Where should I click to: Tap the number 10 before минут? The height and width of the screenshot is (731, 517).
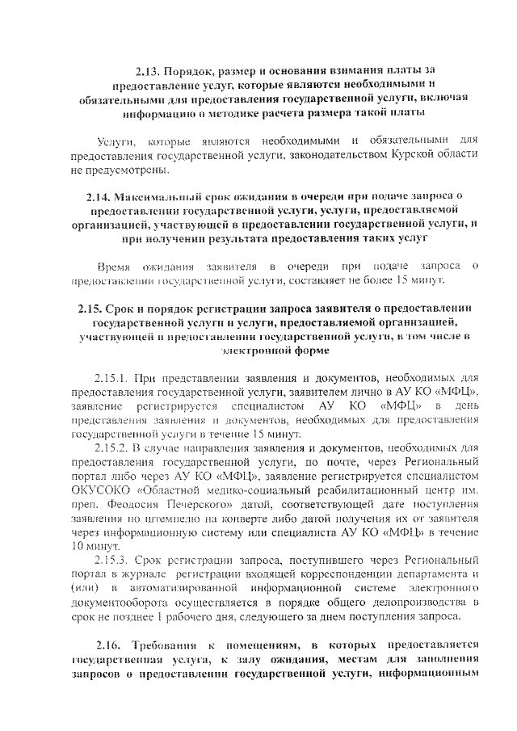[79, 546]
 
